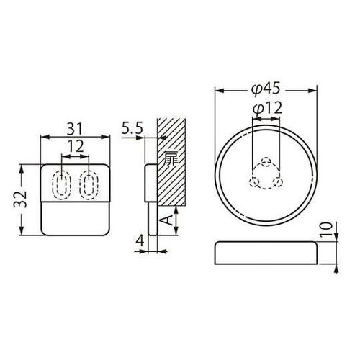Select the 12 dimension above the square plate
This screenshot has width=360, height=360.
tap(76, 145)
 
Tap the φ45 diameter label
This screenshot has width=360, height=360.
tap(266, 89)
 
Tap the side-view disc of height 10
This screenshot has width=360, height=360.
tap(266, 253)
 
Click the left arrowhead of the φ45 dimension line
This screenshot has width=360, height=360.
tap(219, 90)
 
